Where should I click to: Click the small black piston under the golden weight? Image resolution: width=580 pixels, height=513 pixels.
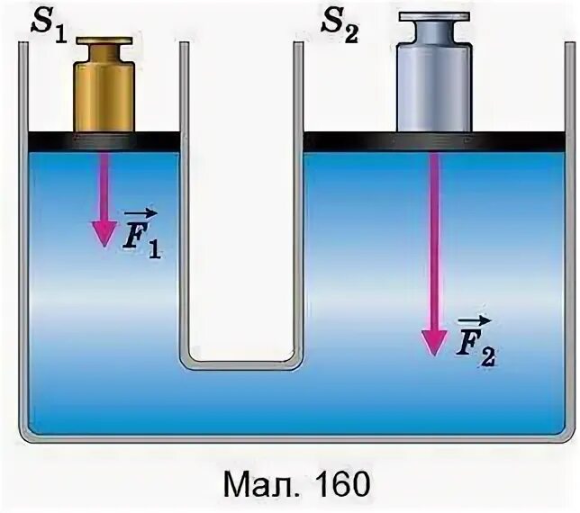(104, 141)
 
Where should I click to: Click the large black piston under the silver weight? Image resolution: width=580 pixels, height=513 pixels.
(434, 141)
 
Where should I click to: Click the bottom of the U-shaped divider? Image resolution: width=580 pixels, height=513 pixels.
(240, 364)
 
